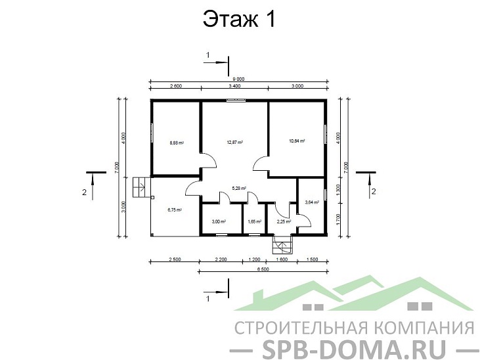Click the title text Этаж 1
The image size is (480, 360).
pos(239,20)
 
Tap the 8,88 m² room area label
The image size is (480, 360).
pos(176,142)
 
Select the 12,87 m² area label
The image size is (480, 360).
pos(235,142)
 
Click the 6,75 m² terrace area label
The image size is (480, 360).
pos(175,210)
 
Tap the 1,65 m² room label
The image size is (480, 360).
pos(255,222)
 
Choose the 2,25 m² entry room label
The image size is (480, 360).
pos(283,222)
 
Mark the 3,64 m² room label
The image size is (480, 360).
pos(312,202)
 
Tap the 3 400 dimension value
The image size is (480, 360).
pos(234,86)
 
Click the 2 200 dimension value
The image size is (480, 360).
pos(221,260)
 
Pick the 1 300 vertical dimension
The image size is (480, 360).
pos(338,190)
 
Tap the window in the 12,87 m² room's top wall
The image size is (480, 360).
pos(234,100)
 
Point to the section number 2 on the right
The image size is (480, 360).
pos(374,192)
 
